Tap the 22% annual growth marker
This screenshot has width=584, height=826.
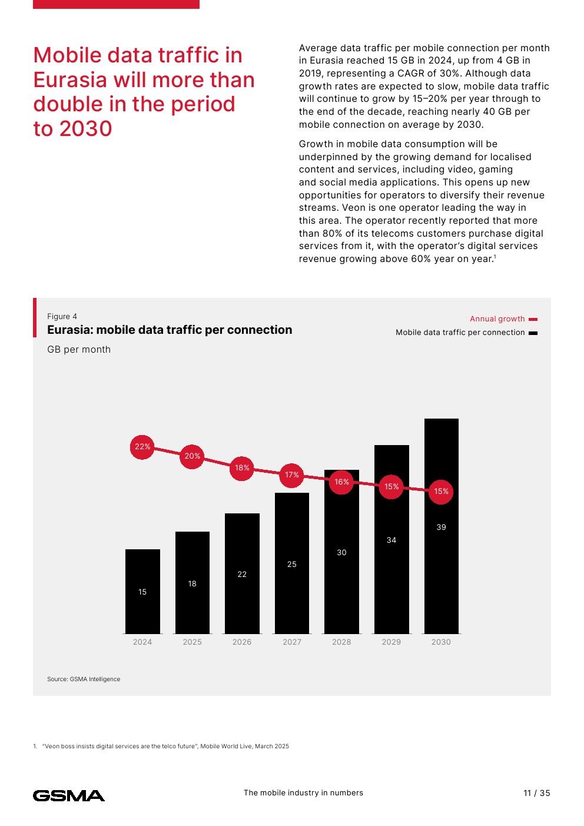coord(142,447)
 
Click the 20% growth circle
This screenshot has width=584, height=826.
coord(192,456)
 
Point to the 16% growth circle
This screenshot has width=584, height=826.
coord(341,482)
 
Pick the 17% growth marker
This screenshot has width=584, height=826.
coord(292,475)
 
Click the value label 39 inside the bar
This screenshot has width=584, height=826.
coord(441,528)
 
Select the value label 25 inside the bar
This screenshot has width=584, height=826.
coord(292,565)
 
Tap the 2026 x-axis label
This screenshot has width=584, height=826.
coord(242,642)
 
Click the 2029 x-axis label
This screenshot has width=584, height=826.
coord(391,642)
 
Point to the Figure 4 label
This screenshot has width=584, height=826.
coord(62,317)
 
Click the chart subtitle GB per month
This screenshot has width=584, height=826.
coord(79,350)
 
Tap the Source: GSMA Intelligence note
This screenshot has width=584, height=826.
coord(84,679)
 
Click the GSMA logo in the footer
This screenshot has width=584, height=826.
coord(69,796)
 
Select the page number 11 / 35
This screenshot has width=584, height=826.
coord(536,793)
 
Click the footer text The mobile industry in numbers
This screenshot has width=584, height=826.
coord(303,793)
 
